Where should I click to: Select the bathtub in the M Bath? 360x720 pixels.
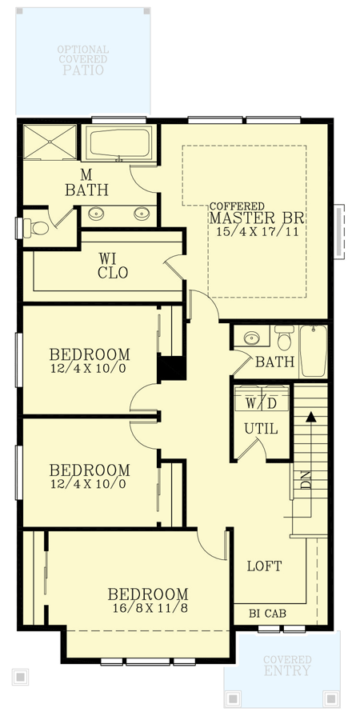click(x=118, y=145)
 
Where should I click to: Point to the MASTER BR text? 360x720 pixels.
click(x=259, y=218)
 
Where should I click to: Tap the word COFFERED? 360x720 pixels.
click(x=237, y=206)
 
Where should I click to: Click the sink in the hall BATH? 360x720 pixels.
click(x=251, y=337)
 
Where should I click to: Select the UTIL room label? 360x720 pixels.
click(x=261, y=429)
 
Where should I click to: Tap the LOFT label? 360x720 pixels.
click(x=264, y=566)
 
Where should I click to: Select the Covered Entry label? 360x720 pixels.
click(x=286, y=666)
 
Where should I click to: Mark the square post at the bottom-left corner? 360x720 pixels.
click(x=21, y=676)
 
